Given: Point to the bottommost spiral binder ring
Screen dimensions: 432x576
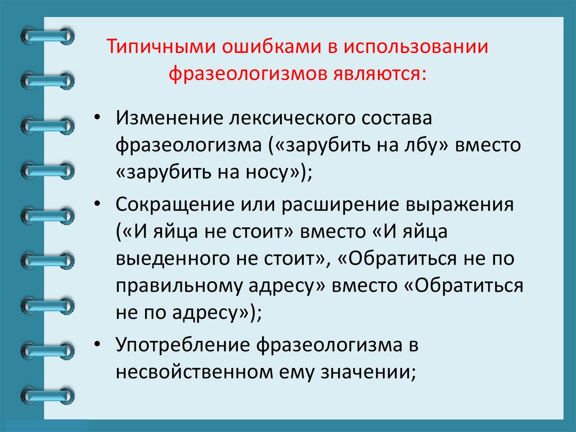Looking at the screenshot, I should tap(47, 394).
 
